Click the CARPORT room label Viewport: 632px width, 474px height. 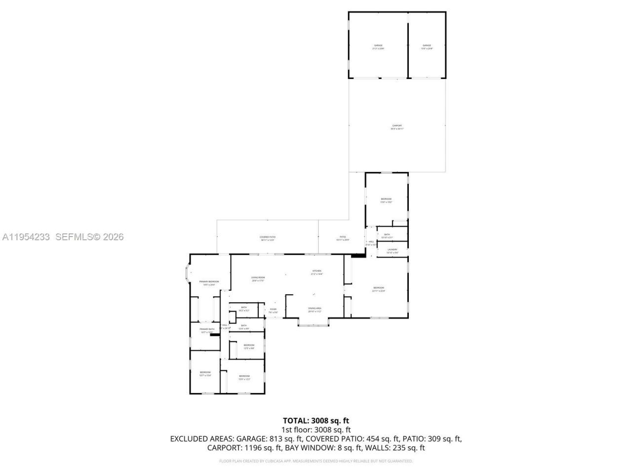(x=397, y=127)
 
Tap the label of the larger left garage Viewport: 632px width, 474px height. (x=378, y=47)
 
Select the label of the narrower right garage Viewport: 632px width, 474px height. (x=427, y=47)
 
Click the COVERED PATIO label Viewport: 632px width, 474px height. (x=268, y=238)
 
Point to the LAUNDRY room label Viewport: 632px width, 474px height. (x=392, y=251)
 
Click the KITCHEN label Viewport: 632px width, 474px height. (x=316, y=273)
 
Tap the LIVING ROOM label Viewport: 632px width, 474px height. (x=258, y=279)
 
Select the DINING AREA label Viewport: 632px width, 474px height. (x=315, y=310)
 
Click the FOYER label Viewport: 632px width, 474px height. (x=273, y=311)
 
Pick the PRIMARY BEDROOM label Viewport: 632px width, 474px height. (x=209, y=283)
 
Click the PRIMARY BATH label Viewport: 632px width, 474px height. (x=207, y=330)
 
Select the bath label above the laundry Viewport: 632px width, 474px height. (x=387, y=236)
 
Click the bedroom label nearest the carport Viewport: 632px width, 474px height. (x=386, y=200)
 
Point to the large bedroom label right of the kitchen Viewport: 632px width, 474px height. (x=378, y=289)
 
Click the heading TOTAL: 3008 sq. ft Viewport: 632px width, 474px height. (x=316, y=421)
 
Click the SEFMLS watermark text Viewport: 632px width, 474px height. (x=89, y=237)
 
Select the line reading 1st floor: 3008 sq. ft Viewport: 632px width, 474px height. (x=316, y=430)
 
